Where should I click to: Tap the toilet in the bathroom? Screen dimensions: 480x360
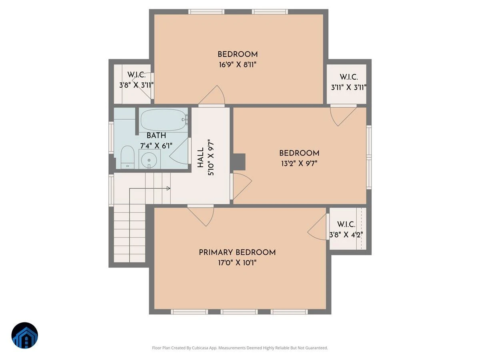point(128,157)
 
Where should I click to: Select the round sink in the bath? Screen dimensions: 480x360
point(149,160)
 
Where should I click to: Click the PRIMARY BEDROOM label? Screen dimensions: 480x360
point(237,252)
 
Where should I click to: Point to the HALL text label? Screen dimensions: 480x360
point(200,158)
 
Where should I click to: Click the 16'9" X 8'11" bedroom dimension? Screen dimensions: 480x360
point(238,65)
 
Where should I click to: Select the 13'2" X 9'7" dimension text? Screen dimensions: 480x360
point(299,163)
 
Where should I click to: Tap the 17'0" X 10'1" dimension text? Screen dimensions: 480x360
point(237,262)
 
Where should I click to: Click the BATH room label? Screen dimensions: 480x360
point(156,136)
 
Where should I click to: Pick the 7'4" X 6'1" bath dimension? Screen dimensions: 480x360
point(156,146)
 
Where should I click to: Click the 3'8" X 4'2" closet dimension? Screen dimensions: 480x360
point(346,234)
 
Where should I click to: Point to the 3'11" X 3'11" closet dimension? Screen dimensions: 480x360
point(348,88)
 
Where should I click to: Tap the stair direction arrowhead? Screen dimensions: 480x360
point(168,188)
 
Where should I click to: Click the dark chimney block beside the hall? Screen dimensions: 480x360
point(239,162)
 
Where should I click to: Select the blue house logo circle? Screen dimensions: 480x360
point(25,335)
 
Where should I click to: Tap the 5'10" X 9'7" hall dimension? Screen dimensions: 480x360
point(211,157)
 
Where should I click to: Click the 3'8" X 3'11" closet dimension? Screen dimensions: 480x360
point(136,85)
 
